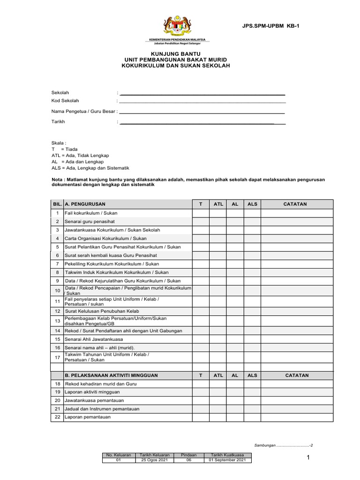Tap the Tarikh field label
pyautogui.click(x=58, y=121)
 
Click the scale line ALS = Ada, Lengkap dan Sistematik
pyautogui.click(x=90, y=168)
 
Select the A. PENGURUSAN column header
pyautogui.click(x=85, y=204)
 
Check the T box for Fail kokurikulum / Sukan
pyautogui.click(x=201, y=213)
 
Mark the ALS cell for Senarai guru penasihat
pyautogui.click(x=252, y=222)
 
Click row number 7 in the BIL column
pyautogui.click(x=57, y=264)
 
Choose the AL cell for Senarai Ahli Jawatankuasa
pyautogui.click(x=235, y=339)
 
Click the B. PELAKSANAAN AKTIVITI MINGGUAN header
pyautogui.click(x=112, y=375)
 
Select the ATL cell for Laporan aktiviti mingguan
pyautogui.click(x=218, y=392)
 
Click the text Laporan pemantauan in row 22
pyautogui.click(x=88, y=417)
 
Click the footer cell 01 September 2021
pyautogui.click(x=227, y=460)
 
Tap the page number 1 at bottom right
pyautogui.click(x=308, y=458)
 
